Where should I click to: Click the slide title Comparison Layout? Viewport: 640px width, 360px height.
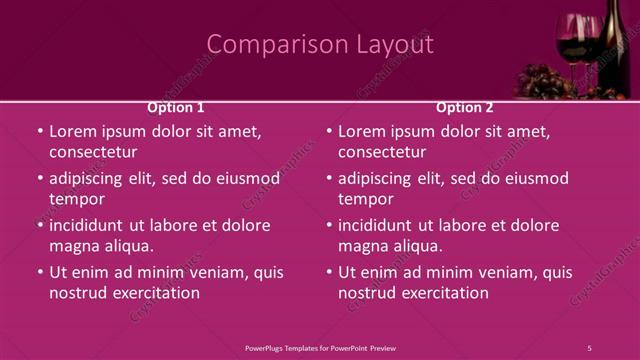(320, 45)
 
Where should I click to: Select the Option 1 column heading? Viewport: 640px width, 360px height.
(176, 107)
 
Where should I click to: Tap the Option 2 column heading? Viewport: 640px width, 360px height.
(465, 107)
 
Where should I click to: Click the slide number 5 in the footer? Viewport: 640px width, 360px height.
(589, 347)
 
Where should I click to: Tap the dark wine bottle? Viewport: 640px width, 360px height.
(612, 45)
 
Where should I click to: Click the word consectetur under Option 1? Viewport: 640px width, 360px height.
(93, 152)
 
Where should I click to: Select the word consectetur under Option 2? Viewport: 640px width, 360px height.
(382, 152)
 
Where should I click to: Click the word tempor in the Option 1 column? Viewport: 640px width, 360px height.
(77, 199)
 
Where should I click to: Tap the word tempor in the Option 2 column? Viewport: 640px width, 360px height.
(366, 199)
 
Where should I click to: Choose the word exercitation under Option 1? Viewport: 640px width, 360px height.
(156, 293)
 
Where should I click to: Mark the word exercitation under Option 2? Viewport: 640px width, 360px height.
(445, 293)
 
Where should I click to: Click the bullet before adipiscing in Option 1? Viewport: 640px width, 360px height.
(40, 179)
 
